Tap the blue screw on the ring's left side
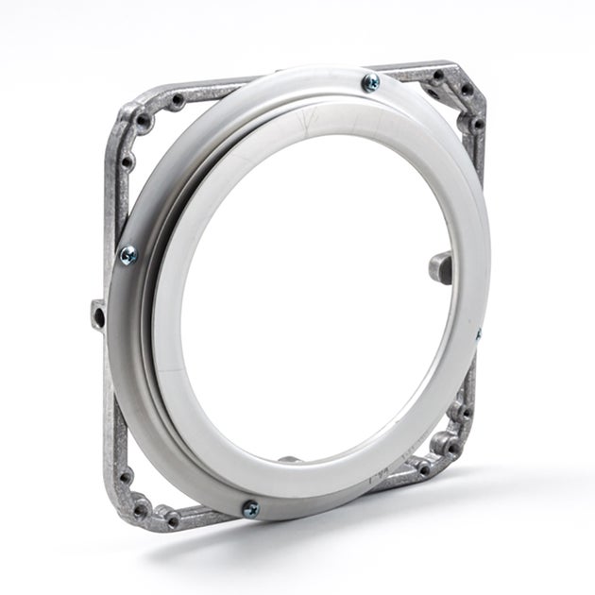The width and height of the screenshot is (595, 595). point(127,255)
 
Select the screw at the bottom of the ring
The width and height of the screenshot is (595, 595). point(250,509)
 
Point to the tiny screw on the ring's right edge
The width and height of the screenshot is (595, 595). point(478,333)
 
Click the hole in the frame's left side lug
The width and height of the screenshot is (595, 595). point(98,310)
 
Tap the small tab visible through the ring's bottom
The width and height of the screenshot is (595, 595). point(291,460)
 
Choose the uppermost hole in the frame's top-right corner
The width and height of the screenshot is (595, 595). point(438,75)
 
